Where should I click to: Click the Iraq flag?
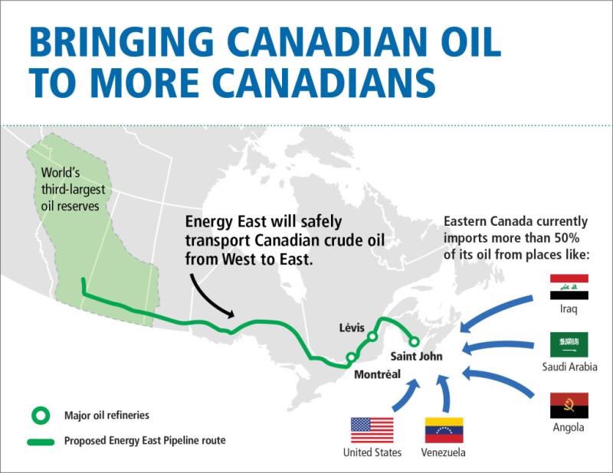pos(569,287)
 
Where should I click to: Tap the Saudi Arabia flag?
pos(569,344)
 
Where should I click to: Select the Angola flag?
pos(569,405)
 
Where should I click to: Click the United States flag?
pos(372,430)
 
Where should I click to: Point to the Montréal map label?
pos(377,374)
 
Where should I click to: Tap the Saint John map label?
pos(416,357)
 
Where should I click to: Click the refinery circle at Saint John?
pos(414,341)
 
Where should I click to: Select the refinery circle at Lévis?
pos(372,336)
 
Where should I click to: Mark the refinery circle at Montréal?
pos(350,357)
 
